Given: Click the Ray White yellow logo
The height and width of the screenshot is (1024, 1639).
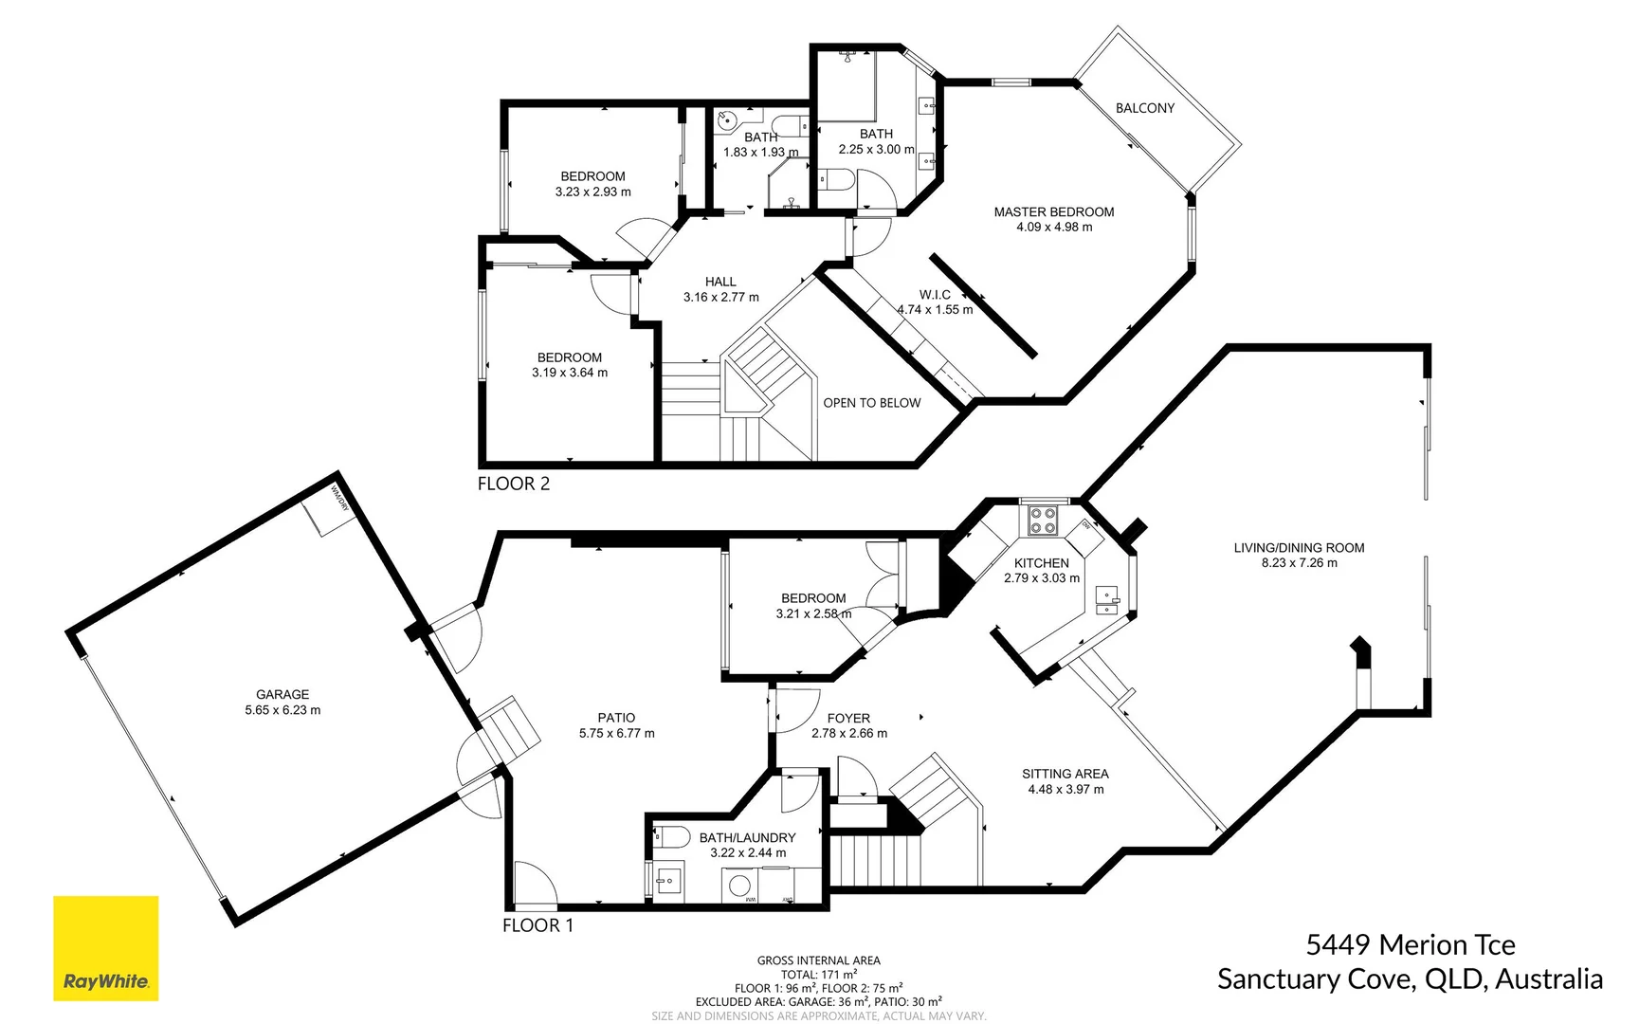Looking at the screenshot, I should click(105, 947).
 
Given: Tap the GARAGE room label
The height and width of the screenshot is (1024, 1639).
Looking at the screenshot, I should click(282, 694).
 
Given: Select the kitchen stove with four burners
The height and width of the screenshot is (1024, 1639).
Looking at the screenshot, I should click(1043, 520).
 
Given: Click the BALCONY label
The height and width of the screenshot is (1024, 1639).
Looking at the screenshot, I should click(1144, 108).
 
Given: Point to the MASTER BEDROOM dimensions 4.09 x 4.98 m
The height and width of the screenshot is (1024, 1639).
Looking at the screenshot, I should click(1053, 228).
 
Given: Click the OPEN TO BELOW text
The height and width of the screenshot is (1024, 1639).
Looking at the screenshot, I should click(871, 403).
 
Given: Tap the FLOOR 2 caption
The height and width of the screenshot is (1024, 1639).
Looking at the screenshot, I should click(513, 484).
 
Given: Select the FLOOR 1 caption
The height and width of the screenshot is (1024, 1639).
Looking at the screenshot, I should click(537, 925).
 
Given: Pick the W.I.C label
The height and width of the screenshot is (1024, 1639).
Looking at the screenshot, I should click(935, 295).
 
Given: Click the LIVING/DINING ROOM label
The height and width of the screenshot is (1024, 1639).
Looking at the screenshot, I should click(1298, 548).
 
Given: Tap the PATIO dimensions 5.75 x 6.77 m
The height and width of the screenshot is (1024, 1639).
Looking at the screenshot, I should click(616, 733).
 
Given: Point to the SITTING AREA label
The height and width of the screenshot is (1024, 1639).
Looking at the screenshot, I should click(1065, 774).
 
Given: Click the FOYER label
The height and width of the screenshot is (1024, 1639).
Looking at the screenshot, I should click(847, 719).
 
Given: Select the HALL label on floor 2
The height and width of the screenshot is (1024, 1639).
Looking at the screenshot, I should click(720, 282).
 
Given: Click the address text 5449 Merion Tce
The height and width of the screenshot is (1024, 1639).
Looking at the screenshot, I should click(1410, 944).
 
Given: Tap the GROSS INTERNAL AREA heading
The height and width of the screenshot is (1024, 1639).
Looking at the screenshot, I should click(818, 960).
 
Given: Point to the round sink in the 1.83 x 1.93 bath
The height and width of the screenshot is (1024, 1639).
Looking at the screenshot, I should click(726, 120).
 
